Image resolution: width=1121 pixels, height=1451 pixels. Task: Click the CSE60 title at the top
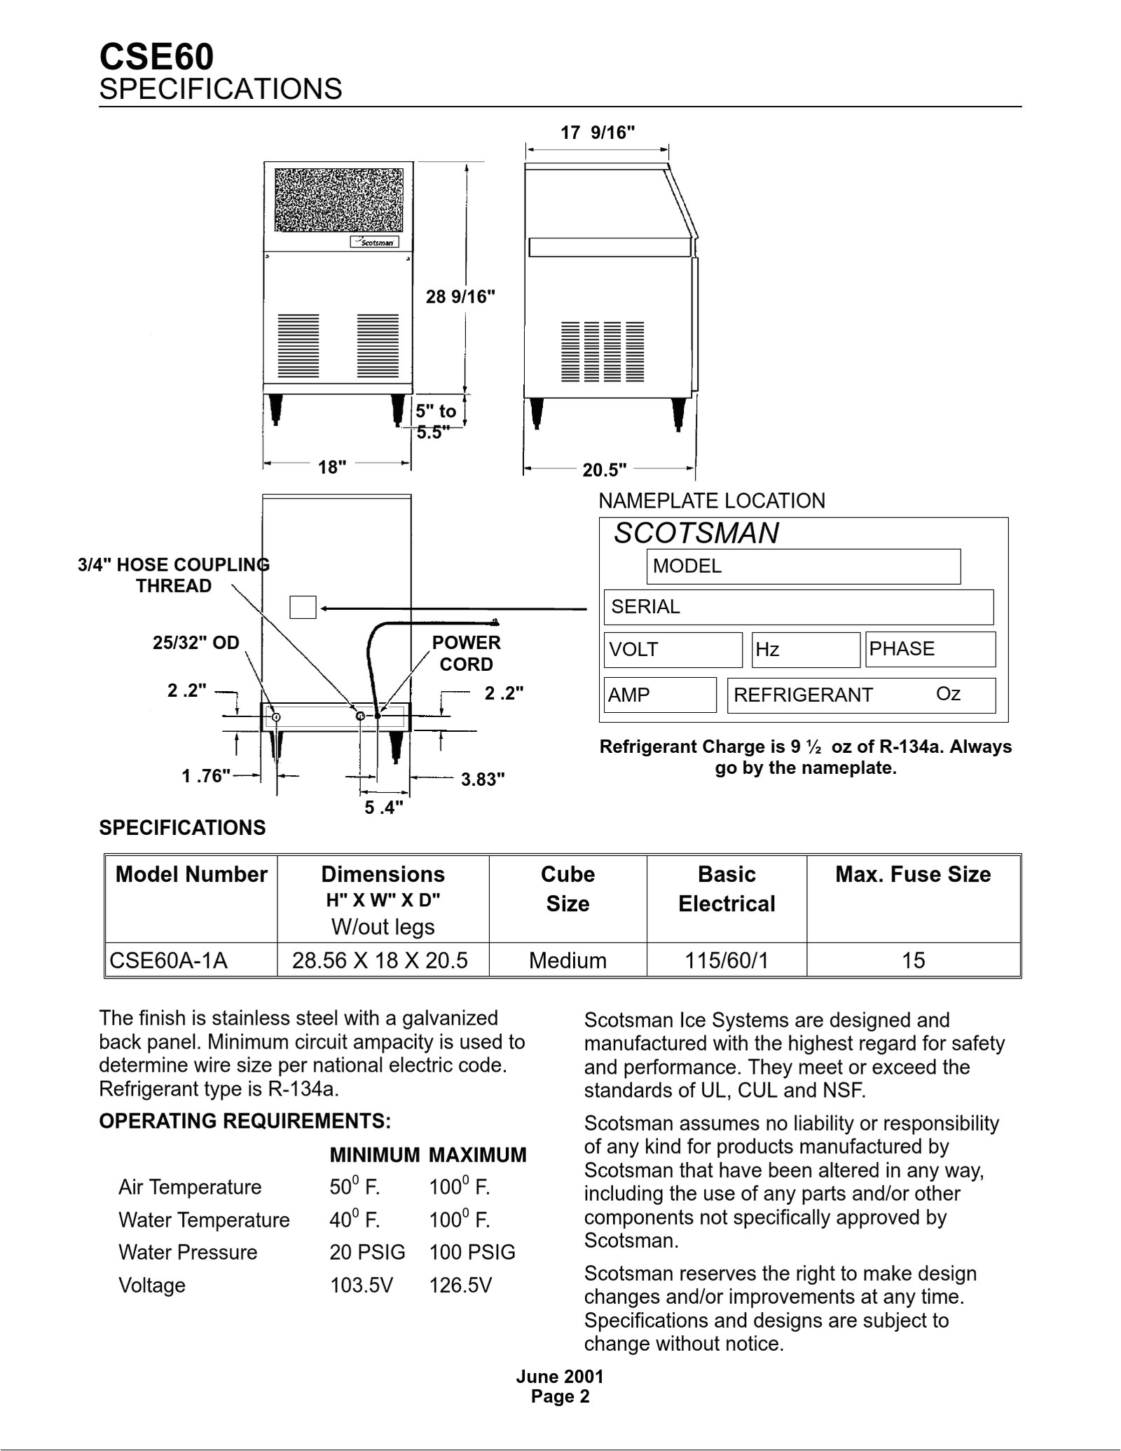click(x=156, y=57)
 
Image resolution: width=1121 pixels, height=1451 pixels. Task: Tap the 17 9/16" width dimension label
click(x=598, y=132)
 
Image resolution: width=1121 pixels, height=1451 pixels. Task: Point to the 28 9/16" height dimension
click(x=460, y=297)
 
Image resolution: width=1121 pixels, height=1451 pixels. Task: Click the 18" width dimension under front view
click(x=332, y=467)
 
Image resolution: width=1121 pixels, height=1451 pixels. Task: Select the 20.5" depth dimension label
click(x=604, y=470)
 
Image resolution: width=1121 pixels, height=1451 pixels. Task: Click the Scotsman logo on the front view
click(x=375, y=243)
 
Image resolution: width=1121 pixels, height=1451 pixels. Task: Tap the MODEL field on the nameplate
click(x=803, y=566)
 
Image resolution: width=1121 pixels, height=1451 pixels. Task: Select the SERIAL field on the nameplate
click(x=798, y=607)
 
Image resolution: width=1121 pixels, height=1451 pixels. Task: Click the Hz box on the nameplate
click(x=806, y=650)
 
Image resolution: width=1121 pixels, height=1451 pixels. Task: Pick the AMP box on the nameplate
click(x=659, y=695)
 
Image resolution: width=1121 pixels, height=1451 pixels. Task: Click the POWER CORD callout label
click(x=466, y=653)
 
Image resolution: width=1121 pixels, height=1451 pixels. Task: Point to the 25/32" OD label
click(x=196, y=642)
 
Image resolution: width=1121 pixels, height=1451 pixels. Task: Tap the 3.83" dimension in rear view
click(x=483, y=779)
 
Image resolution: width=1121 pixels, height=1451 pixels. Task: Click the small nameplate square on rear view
click(x=303, y=608)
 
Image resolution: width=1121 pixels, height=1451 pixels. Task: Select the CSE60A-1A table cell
click(x=169, y=960)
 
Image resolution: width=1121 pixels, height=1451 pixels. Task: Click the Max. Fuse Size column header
click(x=913, y=875)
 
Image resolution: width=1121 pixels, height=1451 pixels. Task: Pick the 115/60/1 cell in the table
click(x=727, y=960)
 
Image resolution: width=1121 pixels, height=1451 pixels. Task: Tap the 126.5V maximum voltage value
click(x=460, y=1286)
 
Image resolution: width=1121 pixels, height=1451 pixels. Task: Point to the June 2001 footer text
click(x=560, y=1376)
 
